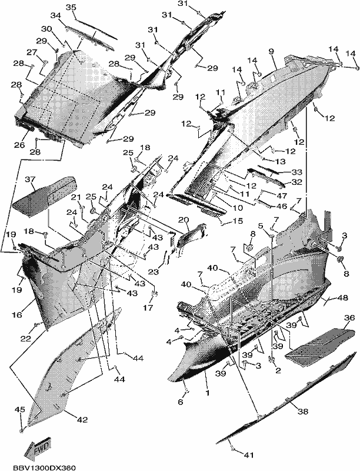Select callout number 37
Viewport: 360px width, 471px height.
(x=30, y=180)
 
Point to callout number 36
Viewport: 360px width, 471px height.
(x=349, y=317)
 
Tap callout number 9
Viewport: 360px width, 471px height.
(x=271, y=51)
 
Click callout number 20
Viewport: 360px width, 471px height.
(x=184, y=220)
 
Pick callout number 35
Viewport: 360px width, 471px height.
(x=71, y=8)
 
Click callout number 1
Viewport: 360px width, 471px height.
(x=207, y=392)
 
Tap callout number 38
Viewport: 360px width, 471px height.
(x=302, y=411)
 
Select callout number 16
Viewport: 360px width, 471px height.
(x=17, y=314)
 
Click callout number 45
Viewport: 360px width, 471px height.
(x=20, y=409)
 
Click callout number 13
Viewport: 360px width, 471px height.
(x=281, y=161)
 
